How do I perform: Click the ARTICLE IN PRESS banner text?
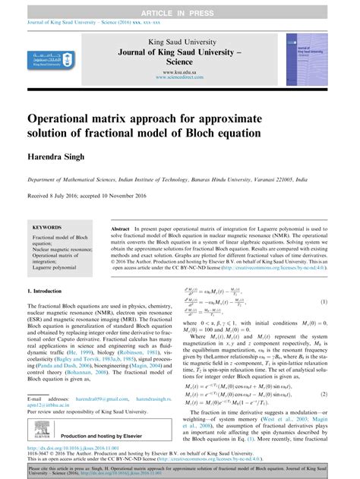180,5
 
